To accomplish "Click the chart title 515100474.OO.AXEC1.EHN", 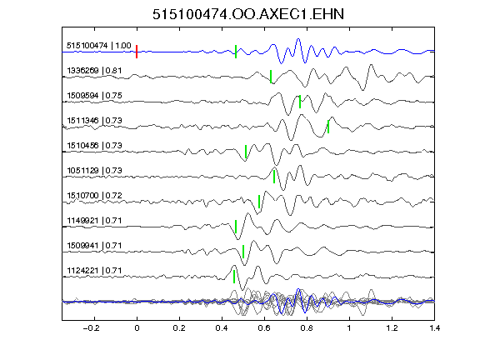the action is click(x=248, y=14).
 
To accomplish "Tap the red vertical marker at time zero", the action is click(x=137, y=52).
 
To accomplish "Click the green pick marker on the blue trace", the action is click(x=236, y=52).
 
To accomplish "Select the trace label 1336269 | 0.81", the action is click(x=94, y=71).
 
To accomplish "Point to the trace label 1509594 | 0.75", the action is click(x=94, y=96).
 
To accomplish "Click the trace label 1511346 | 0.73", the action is click(x=94, y=121).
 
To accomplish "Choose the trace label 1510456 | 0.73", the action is click(x=94, y=145).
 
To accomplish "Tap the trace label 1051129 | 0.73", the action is click(x=94, y=171).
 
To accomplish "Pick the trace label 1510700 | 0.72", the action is click(x=94, y=196).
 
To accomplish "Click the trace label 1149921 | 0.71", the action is click(x=94, y=221).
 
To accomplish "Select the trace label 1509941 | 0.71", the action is click(x=94, y=246).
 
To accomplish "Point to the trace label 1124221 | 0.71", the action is click(x=94, y=271).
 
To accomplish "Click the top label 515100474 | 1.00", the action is click(x=98, y=46).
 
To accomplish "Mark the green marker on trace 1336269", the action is click(x=271, y=77).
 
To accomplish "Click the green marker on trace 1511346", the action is click(x=328, y=127).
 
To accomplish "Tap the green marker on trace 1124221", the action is click(x=234, y=277).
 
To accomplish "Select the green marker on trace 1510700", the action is click(x=259, y=202).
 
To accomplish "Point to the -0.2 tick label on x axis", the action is click(x=91, y=328).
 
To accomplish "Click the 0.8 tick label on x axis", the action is click(x=307, y=328).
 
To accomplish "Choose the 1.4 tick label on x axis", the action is click(x=435, y=328).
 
